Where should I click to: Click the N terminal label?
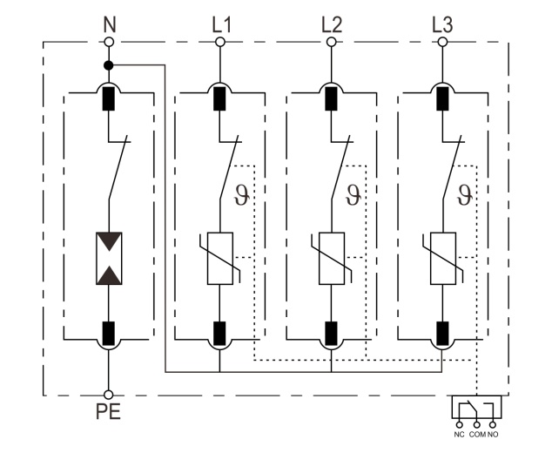point(109,23)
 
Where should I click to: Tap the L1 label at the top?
point(221,23)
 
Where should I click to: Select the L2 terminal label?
point(331,23)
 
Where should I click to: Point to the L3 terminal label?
point(442,23)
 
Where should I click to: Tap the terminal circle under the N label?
point(109,41)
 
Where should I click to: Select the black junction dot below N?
point(109,64)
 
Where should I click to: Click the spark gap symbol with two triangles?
point(109,258)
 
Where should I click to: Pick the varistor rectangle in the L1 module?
point(220,259)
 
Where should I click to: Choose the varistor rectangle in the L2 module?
point(331,259)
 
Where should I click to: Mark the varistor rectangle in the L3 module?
point(442,259)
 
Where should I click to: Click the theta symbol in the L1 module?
point(243,193)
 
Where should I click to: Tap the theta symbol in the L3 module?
point(465,193)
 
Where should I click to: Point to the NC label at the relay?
point(459,433)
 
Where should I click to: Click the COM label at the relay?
point(476,433)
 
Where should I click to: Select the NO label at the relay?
point(495,433)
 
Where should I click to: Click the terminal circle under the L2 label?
point(331,41)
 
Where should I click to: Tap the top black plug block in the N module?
point(109,98)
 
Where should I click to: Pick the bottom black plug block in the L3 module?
point(442,332)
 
